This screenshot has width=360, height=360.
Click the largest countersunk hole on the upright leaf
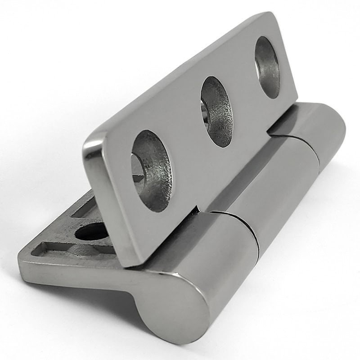(152, 171)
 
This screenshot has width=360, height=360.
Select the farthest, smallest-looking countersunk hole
(267, 67)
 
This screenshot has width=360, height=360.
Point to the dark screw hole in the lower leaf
(92, 232)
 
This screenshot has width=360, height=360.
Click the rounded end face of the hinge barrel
(171, 306)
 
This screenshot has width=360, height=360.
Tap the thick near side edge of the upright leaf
(103, 202)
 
